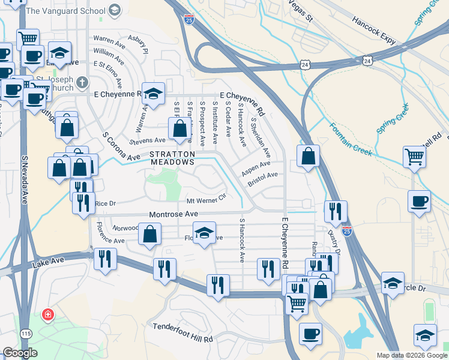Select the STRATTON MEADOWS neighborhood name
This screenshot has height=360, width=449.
pos(173,158)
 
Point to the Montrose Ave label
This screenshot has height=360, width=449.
pos(173,214)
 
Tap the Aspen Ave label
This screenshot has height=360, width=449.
pos(256,167)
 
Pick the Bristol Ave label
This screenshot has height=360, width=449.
pos(263,178)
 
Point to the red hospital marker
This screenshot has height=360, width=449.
pos(47,314)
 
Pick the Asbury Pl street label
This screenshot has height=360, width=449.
pos(137,46)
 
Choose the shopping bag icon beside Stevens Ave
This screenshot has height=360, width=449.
pos(179,128)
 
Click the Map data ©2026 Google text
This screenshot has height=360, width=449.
pos(411,355)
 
